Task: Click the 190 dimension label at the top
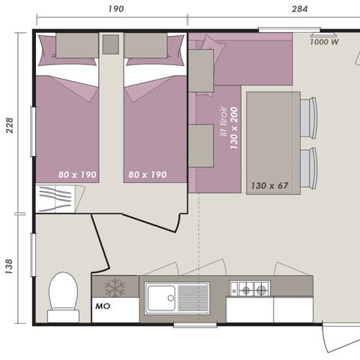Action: [x=115, y=10]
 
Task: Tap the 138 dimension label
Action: [x=10, y=266]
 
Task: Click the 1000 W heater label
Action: [x=324, y=43]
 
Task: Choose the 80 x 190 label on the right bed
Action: [x=147, y=174]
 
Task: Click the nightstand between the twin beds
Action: [x=111, y=44]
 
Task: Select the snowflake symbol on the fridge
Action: [x=115, y=287]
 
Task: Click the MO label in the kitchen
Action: [x=103, y=307]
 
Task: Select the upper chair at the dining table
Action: [x=308, y=118]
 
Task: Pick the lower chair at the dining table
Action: [x=308, y=167]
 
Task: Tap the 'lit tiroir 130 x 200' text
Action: [x=227, y=124]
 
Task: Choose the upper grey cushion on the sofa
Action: [x=201, y=70]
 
